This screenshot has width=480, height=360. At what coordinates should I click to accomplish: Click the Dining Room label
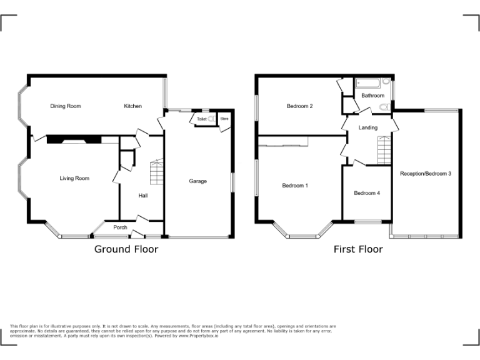(x=66, y=106)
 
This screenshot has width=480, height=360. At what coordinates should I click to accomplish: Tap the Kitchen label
(x=132, y=106)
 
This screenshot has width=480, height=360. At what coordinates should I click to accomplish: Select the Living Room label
(x=74, y=179)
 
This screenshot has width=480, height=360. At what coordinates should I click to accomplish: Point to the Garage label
(x=198, y=181)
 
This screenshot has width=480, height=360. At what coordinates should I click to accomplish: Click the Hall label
(x=143, y=196)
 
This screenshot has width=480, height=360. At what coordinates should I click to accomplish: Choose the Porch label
(x=120, y=227)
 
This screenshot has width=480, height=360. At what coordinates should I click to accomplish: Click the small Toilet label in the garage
(x=202, y=118)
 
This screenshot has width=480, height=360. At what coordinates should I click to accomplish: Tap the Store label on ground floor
(x=224, y=118)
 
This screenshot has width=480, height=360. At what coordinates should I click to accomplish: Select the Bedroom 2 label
(x=300, y=106)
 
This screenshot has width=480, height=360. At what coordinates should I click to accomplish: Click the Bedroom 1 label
(x=295, y=186)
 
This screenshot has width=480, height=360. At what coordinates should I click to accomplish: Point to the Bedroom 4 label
(x=367, y=193)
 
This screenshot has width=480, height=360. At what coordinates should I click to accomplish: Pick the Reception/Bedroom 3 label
(x=426, y=173)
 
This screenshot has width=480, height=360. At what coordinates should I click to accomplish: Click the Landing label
(x=367, y=127)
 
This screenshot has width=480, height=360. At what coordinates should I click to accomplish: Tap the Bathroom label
(x=372, y=96)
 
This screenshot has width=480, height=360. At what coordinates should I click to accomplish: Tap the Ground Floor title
(x=126, y=249)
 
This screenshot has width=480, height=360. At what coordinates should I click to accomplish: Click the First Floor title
(x=358, y=249)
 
